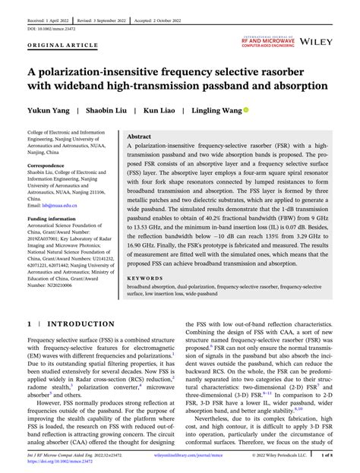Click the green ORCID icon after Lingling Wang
click(x=246, y=110)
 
